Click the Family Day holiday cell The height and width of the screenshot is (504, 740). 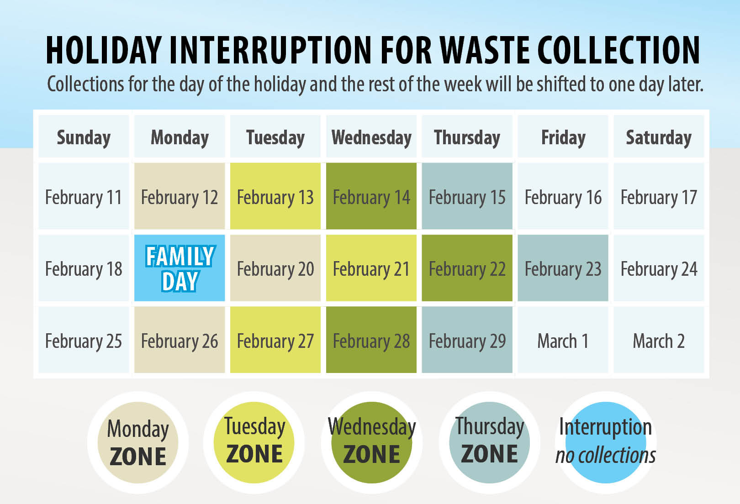pos(180,268)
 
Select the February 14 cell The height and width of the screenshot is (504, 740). pos(371,196)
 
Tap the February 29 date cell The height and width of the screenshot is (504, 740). pos(467,340)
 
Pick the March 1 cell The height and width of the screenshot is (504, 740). pos(563,340)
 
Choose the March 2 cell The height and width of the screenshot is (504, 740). pos(659,340)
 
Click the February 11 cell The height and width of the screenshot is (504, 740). pos(84,196)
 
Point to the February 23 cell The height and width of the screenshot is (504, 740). pos(563,268)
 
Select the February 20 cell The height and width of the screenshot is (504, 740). pos(275,268)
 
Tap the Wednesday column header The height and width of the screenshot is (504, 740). pos(371,136)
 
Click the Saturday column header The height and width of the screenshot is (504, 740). pos(659,136)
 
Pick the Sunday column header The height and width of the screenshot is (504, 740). pos(84,136)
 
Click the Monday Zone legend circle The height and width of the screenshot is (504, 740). pos(138,443)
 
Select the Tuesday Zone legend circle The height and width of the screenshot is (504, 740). pos(254,443)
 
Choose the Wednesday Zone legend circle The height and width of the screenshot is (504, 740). pos(372,443)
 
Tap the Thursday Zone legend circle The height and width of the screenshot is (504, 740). pos(489,443)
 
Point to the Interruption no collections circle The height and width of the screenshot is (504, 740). pos(606,443)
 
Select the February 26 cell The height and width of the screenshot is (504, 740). pos(180,340)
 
